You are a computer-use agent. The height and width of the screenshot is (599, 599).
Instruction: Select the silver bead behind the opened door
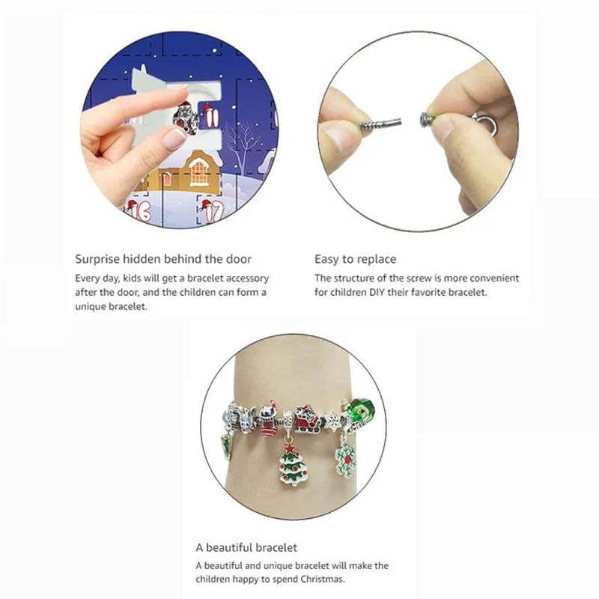[x=184, y=118]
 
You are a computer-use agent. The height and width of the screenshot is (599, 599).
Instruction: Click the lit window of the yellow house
[x=199, y=173]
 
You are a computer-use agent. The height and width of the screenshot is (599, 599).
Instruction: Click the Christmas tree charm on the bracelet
[x=293, y=463]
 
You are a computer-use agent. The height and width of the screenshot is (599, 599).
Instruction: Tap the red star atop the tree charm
[x=293, y=447]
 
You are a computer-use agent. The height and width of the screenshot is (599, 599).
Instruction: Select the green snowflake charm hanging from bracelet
[x=346, y=457]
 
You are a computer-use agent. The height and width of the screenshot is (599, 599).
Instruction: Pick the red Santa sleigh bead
[x=306, y=420]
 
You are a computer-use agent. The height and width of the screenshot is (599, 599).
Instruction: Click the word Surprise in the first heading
[x=97, y=259]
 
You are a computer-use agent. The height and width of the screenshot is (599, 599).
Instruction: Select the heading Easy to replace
[x=355, y=259]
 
